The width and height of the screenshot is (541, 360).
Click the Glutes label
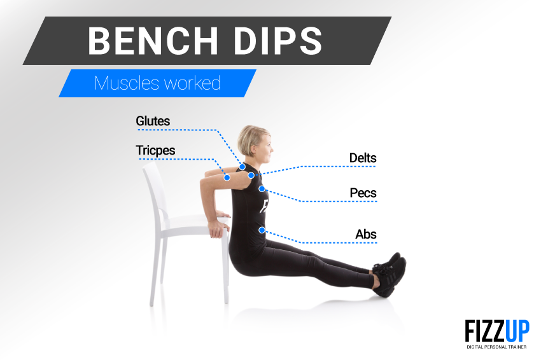[x=153, y=121]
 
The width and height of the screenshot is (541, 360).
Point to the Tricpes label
[x=155, y=150]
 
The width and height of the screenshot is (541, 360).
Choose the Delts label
[x=363, y=158]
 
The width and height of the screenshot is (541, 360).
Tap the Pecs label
[x=363, y=193]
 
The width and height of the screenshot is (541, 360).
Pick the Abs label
[x=366, y=234]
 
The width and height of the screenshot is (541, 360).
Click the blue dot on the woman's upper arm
[x=227, y=178]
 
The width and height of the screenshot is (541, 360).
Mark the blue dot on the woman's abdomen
[x=262, y=230]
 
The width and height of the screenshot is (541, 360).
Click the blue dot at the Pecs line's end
[x=262, y=188]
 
